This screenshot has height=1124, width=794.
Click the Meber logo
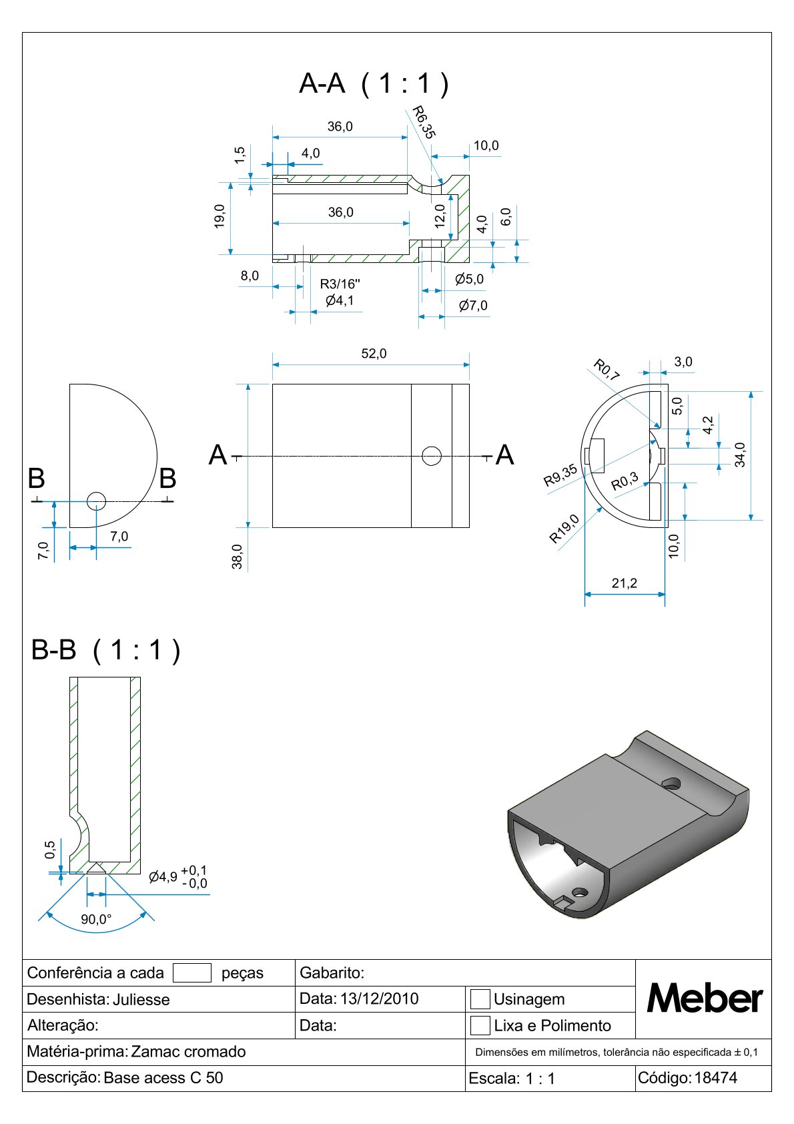click(x=704, y=999)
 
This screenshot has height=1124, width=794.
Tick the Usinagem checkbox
click(x=480, y=999)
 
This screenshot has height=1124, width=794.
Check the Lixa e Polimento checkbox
click(x=480, y=1026)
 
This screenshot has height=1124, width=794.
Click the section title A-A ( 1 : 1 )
click(x=374, y=84)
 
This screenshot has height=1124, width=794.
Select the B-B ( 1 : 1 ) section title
click(x=106, y=650)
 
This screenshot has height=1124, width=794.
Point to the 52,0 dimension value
click(x=374, y=354)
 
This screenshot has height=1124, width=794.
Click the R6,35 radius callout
click(x=423, y=122)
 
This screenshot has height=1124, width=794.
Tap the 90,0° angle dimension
click(x=96, y=920)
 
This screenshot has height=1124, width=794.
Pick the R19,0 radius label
click(x=564, y=529)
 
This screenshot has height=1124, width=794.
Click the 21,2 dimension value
click(x=624, y=583)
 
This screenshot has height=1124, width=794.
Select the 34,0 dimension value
click(x=739, y=455)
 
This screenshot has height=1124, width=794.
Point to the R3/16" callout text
click(x=340, y=284)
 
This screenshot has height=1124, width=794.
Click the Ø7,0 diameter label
click(x=473, y=306)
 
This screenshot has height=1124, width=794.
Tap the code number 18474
click(x=715, y=1078)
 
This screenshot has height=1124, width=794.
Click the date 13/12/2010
click(x=379, y=999)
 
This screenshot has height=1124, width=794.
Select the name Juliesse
click(x=141, y=1000)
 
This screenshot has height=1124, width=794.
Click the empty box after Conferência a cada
click(x=191, y=973)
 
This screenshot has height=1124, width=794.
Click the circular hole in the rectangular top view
click(x=432, y=456)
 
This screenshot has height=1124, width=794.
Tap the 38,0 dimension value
click(x=237, y=557)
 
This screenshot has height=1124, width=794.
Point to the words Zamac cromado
click(x=188, y=1052)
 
